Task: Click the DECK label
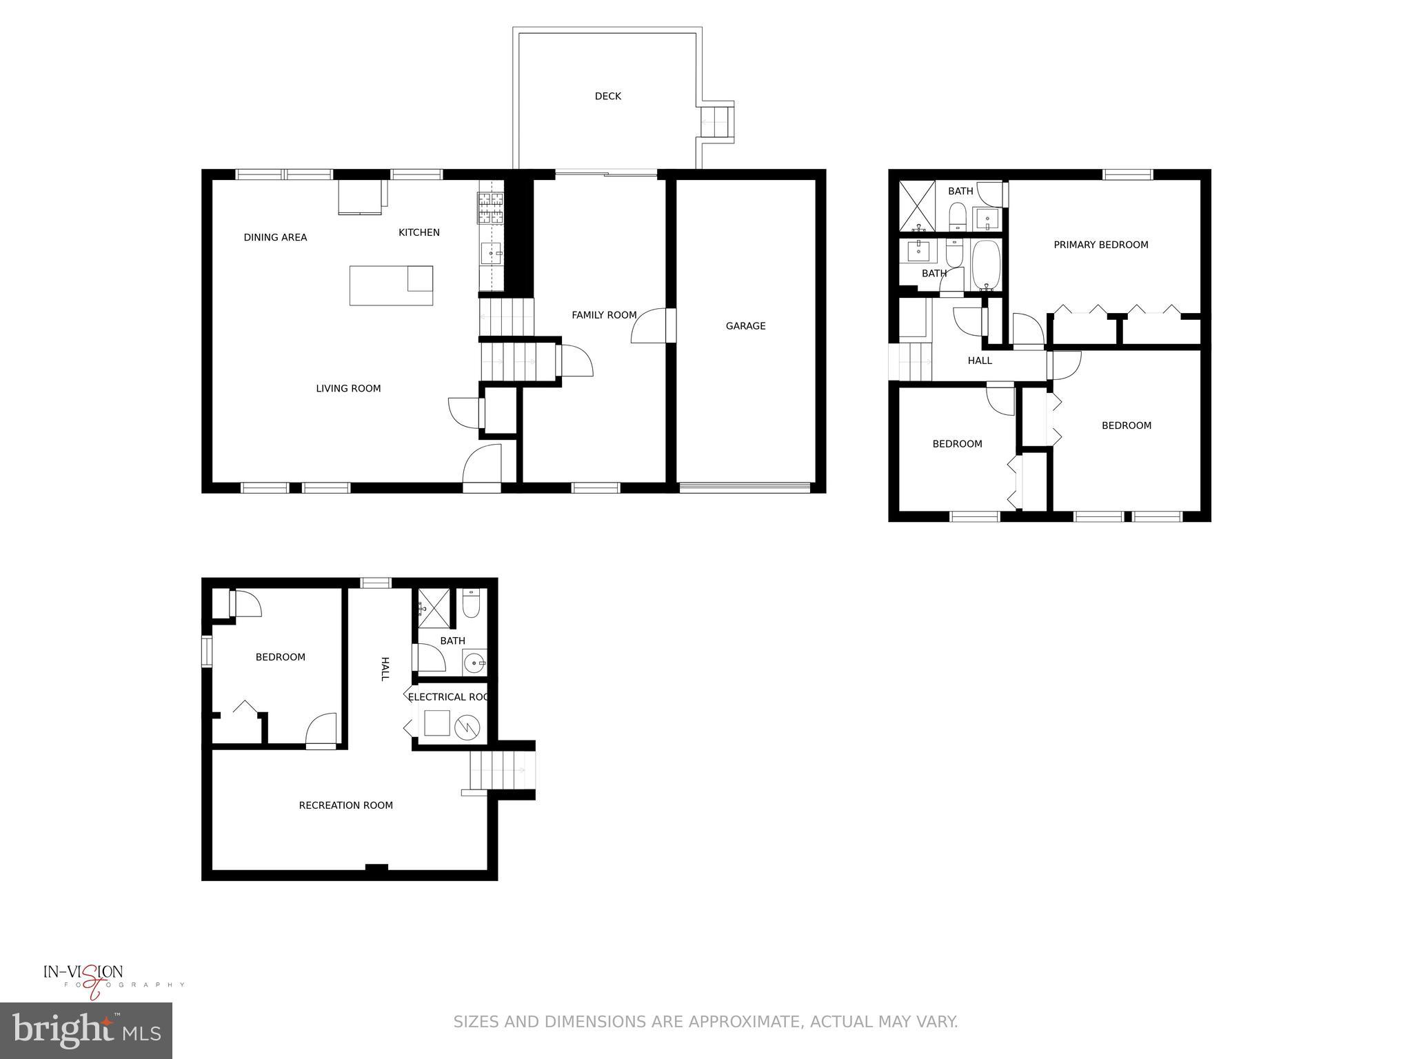point(607,97)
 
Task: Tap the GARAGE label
point(745,326)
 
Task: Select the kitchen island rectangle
point(391,285)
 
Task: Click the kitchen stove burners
point(490,208)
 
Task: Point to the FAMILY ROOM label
point(604,315)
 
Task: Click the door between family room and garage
point(652,326)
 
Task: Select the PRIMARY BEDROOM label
point(1100,245)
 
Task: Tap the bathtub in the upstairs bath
point(986,265)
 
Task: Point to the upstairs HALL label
point(979,361)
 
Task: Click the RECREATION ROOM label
point(345,805)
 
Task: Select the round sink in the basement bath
point(474,664)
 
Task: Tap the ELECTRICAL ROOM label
point(448,697)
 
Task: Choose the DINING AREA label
point(275,238)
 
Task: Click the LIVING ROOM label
point(348,389)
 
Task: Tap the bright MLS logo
point(85,1030)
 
